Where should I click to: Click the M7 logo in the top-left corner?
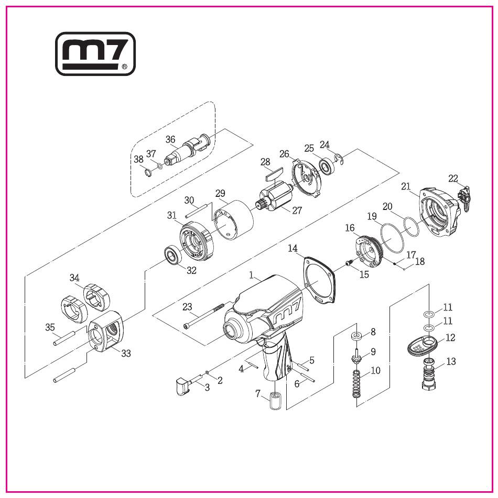(x=95, y=53)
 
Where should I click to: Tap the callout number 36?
(x=170, y=139)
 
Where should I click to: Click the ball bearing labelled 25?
(x=327, y=166)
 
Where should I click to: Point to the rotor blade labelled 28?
(x=274, y=173)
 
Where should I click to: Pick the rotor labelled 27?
(x=275, y=196)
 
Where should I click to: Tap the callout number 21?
(x=406, y=186)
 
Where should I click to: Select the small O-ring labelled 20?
(x=411, y=226)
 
